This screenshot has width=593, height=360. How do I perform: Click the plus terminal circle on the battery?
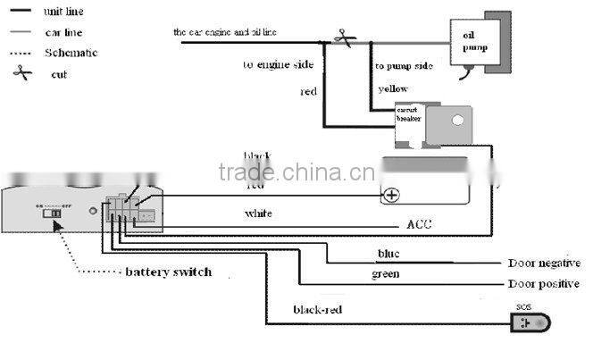tap(390, 194)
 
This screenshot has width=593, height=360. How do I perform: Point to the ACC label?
tap(418, 223)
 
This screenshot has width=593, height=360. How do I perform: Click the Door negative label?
tap(544, 264)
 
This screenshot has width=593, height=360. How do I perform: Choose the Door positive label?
tap(543, 284)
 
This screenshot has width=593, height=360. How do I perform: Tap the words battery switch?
tap(168, 271)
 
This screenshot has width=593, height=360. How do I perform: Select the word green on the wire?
tap(385, 274)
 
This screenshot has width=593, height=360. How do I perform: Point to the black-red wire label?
tap(317, 310)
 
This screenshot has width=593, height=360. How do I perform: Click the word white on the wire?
tap(258, 214)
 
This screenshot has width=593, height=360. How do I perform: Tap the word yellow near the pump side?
tap(393, 89)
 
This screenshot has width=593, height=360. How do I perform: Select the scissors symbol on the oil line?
tap(340, 38)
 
